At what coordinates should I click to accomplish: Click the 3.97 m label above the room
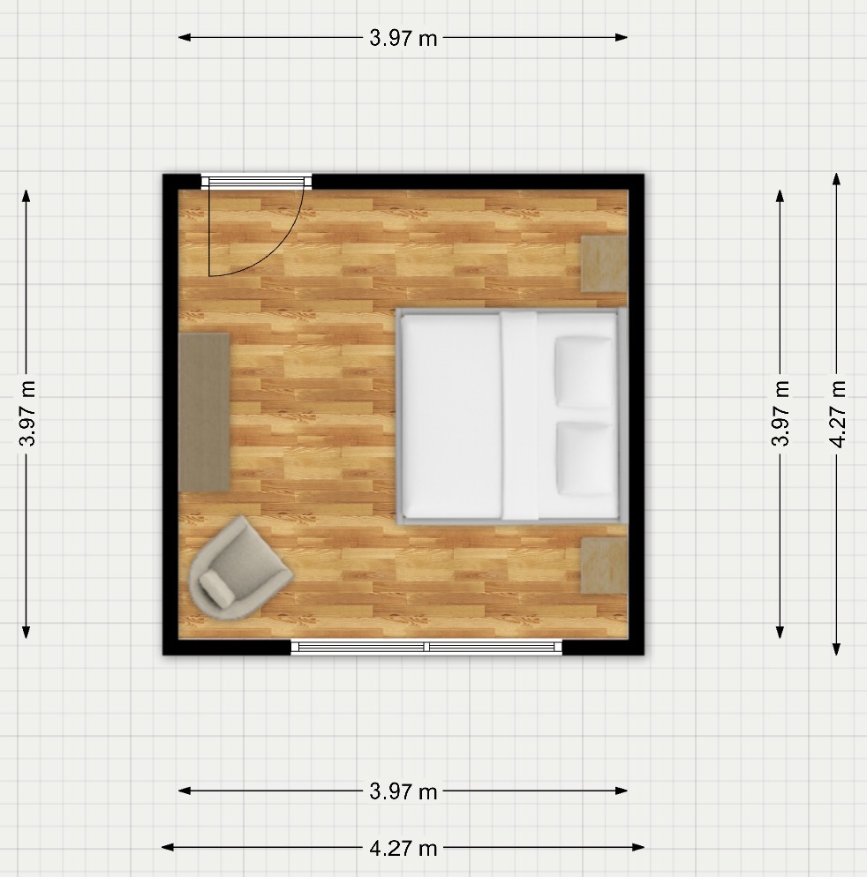(403, 38)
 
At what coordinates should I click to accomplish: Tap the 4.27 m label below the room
(403, 849)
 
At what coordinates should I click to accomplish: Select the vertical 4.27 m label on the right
(837, 414)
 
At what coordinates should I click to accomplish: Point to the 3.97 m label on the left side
(26, 413)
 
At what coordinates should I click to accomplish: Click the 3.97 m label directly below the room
(403, 791)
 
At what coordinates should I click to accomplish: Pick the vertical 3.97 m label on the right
(780, 413)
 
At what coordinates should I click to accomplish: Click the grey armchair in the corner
(239, 568)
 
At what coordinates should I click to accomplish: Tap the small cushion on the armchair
(217, 589)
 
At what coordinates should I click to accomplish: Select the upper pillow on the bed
(584, 372)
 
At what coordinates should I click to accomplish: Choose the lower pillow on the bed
(584, 459)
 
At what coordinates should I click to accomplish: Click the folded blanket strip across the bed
(519, 416)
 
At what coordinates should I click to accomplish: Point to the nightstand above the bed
(604, 264)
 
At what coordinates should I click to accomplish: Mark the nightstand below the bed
(604, 566)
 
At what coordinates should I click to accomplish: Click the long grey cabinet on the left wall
(204, 413)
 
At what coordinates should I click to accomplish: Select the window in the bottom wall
(426, 647)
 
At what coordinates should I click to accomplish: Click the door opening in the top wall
(256, 181)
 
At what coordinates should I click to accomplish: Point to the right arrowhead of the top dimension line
(622, 37)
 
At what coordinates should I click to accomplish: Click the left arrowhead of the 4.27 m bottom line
(168, 847)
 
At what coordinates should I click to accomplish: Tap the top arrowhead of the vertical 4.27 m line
(836, 179)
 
